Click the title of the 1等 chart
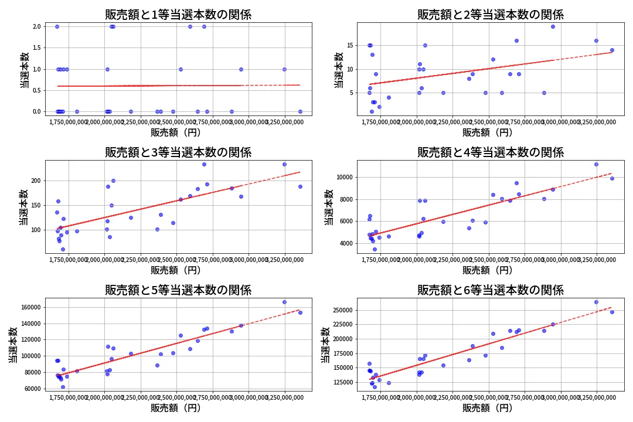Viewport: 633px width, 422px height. pos(178,15)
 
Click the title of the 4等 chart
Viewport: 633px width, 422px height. pos(490,152)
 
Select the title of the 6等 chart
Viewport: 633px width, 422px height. pos(490,290)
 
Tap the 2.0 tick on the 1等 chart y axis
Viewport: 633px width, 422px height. pos(36,26)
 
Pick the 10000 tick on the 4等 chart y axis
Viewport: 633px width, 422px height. pos(342,177)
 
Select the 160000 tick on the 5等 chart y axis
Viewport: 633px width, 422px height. pos(28,307)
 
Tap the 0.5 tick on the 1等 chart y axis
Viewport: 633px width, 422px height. pos(36,90)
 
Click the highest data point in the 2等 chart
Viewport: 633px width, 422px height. pos(553,26)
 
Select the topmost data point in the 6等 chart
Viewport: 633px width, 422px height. pos(596,302)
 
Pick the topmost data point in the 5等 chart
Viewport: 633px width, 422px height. pos(284,302)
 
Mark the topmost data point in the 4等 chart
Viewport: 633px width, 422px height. pos(596,164)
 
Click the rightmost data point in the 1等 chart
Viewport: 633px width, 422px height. pos(300,111)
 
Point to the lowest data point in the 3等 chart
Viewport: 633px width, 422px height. pos(63,249)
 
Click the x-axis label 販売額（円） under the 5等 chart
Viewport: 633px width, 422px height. pos(178,408)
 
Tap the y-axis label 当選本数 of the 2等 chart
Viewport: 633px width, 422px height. pos(338,70)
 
